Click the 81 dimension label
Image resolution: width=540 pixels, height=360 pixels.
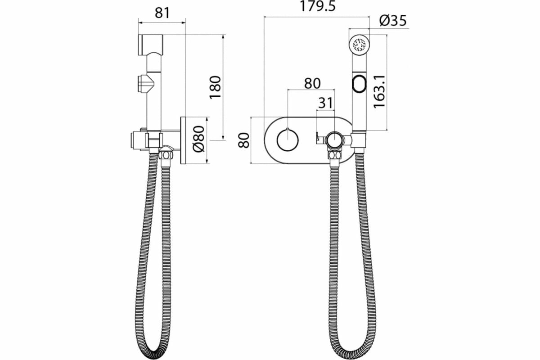point(162,13)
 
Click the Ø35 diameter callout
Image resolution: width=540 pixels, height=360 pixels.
point(393,20)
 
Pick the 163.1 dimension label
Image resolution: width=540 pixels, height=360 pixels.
point(379,91)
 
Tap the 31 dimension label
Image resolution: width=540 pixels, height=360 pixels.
point(325,103)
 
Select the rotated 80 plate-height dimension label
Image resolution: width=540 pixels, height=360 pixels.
point(243,140)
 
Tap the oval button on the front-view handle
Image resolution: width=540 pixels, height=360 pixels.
point(359,84)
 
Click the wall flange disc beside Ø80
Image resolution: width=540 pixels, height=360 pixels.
point(183,140)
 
